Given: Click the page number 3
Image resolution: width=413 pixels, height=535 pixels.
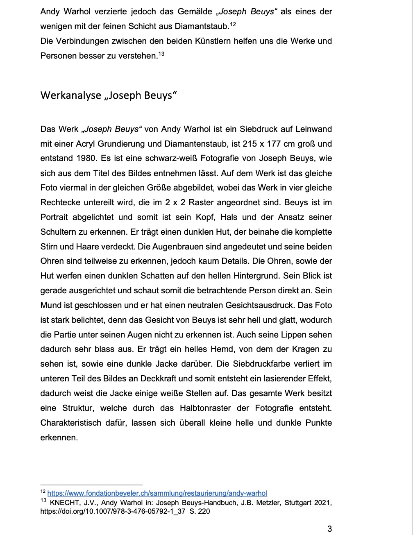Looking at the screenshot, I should click(x=329, y=528).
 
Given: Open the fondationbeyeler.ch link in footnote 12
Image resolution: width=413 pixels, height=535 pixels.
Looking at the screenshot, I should click(x=157, y=493).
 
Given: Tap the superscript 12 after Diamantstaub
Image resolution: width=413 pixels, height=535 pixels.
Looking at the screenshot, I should click(x=233, y=25).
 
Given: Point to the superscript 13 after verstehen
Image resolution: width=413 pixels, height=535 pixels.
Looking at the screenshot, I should click(x=161, y=54).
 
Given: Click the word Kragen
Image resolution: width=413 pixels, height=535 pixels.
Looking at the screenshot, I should click(x=303, y=349).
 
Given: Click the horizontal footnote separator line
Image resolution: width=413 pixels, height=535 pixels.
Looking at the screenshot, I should click(x=91, y=485).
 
